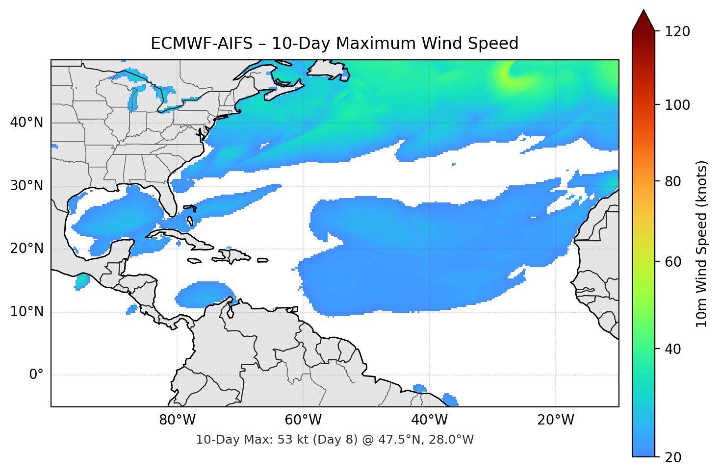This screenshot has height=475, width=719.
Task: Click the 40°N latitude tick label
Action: [26, 123]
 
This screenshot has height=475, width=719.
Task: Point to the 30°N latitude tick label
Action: [26, 186]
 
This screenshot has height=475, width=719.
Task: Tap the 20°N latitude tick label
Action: [26, 249]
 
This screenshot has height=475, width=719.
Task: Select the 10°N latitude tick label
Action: [26, 312]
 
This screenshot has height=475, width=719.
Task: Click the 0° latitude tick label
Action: [36, 375]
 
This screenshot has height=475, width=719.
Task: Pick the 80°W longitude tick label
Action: [177, 420]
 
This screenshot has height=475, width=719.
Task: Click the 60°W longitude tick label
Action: [303, 420]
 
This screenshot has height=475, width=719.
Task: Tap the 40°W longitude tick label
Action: [429, 420]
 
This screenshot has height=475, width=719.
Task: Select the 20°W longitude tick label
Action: [555, 420]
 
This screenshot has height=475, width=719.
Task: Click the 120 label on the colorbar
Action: [677, 32]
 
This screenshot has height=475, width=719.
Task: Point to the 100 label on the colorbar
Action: [677, 105]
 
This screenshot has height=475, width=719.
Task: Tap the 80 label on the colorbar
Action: [673, 181]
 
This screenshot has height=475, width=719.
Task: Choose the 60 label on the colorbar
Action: [673, 262]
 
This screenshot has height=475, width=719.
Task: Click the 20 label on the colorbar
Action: [673, 457]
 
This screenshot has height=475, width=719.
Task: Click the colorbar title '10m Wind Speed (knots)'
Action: [702, 244]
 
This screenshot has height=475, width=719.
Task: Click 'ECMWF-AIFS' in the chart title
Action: [202, 44]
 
